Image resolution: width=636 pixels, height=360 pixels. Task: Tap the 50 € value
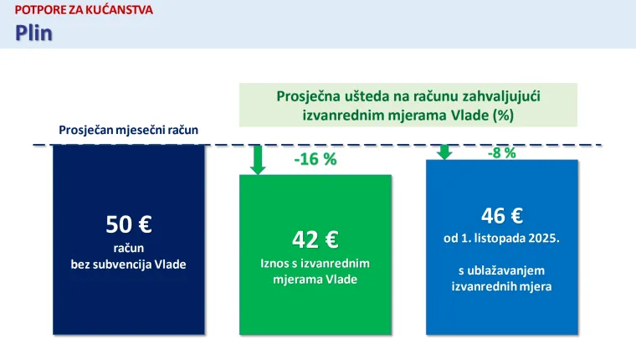128,224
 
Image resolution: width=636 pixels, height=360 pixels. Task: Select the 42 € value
315,239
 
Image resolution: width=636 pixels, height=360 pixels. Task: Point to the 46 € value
501,216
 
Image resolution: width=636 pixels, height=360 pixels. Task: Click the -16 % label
315,160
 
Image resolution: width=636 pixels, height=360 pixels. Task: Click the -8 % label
501,152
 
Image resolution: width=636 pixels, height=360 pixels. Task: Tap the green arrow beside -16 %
259,159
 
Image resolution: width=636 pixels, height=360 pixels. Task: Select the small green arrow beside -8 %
444,152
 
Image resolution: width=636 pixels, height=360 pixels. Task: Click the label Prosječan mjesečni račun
128,130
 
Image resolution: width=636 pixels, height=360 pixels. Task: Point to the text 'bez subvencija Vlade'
128,264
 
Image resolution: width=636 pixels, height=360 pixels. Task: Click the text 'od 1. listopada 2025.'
501,238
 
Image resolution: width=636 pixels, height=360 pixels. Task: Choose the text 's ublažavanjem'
501,270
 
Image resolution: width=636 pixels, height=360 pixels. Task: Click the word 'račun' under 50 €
128,248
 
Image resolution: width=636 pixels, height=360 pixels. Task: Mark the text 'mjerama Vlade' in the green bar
315,279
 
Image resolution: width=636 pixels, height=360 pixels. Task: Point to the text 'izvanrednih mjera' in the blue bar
501,286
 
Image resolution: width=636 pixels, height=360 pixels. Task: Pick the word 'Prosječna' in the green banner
308,96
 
